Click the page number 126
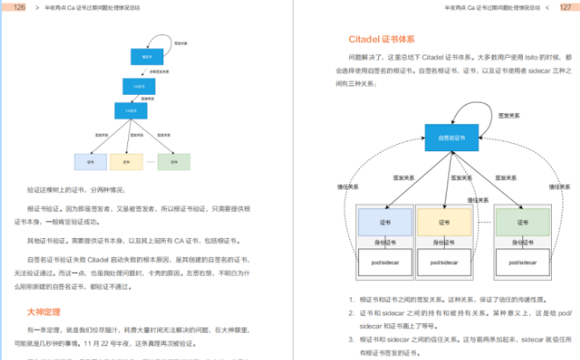click(x=18, y=7)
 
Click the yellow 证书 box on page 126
click(x=126, y=162)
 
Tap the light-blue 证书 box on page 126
click(x=90, y=162)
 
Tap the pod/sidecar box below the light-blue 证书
click(x=384, y=263)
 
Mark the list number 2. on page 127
click(x=351, y=313)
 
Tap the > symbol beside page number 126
click(x=36, y=7)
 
